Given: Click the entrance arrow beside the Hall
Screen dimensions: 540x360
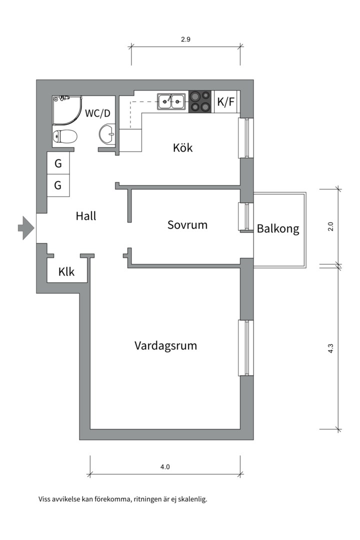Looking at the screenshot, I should pyautogui.click(x=25, y=228).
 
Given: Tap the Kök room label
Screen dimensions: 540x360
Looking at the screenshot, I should pyautogui.click(x=182, y=148).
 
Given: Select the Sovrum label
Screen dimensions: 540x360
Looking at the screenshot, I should pyautogui.click(x=187, y=225).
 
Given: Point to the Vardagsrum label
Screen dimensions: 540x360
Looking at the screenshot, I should pyautogui.click(x=165, y=345).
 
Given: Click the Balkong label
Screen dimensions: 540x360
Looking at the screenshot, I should pyautogui.click(x=278, y=229).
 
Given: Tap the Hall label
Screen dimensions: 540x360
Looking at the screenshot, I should pyautogui.click(x=86, y=216).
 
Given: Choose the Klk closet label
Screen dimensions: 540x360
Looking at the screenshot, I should pyautogui.click(x=66, y=272).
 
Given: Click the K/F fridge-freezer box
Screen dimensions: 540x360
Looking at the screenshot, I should pyautogui.click(x=225, y=102).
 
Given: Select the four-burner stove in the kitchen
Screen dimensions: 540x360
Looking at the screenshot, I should pyautogui.click(x=200, y=101).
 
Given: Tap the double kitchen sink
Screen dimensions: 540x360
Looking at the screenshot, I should pyautogui.click(x=171, y=102).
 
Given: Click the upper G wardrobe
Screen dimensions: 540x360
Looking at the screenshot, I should pyautogui.click(x=58, y=163).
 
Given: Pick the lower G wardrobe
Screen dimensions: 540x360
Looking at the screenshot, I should pyautogui.click(x=58, y=185).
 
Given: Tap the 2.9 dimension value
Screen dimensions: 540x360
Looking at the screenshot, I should pyautogui.click(x=185, y=39).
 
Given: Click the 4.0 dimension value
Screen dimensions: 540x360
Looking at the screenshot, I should pyautogui.click(x=165, y=467).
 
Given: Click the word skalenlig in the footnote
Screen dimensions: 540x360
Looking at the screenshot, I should pyautogui.click(x=190, y=499).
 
